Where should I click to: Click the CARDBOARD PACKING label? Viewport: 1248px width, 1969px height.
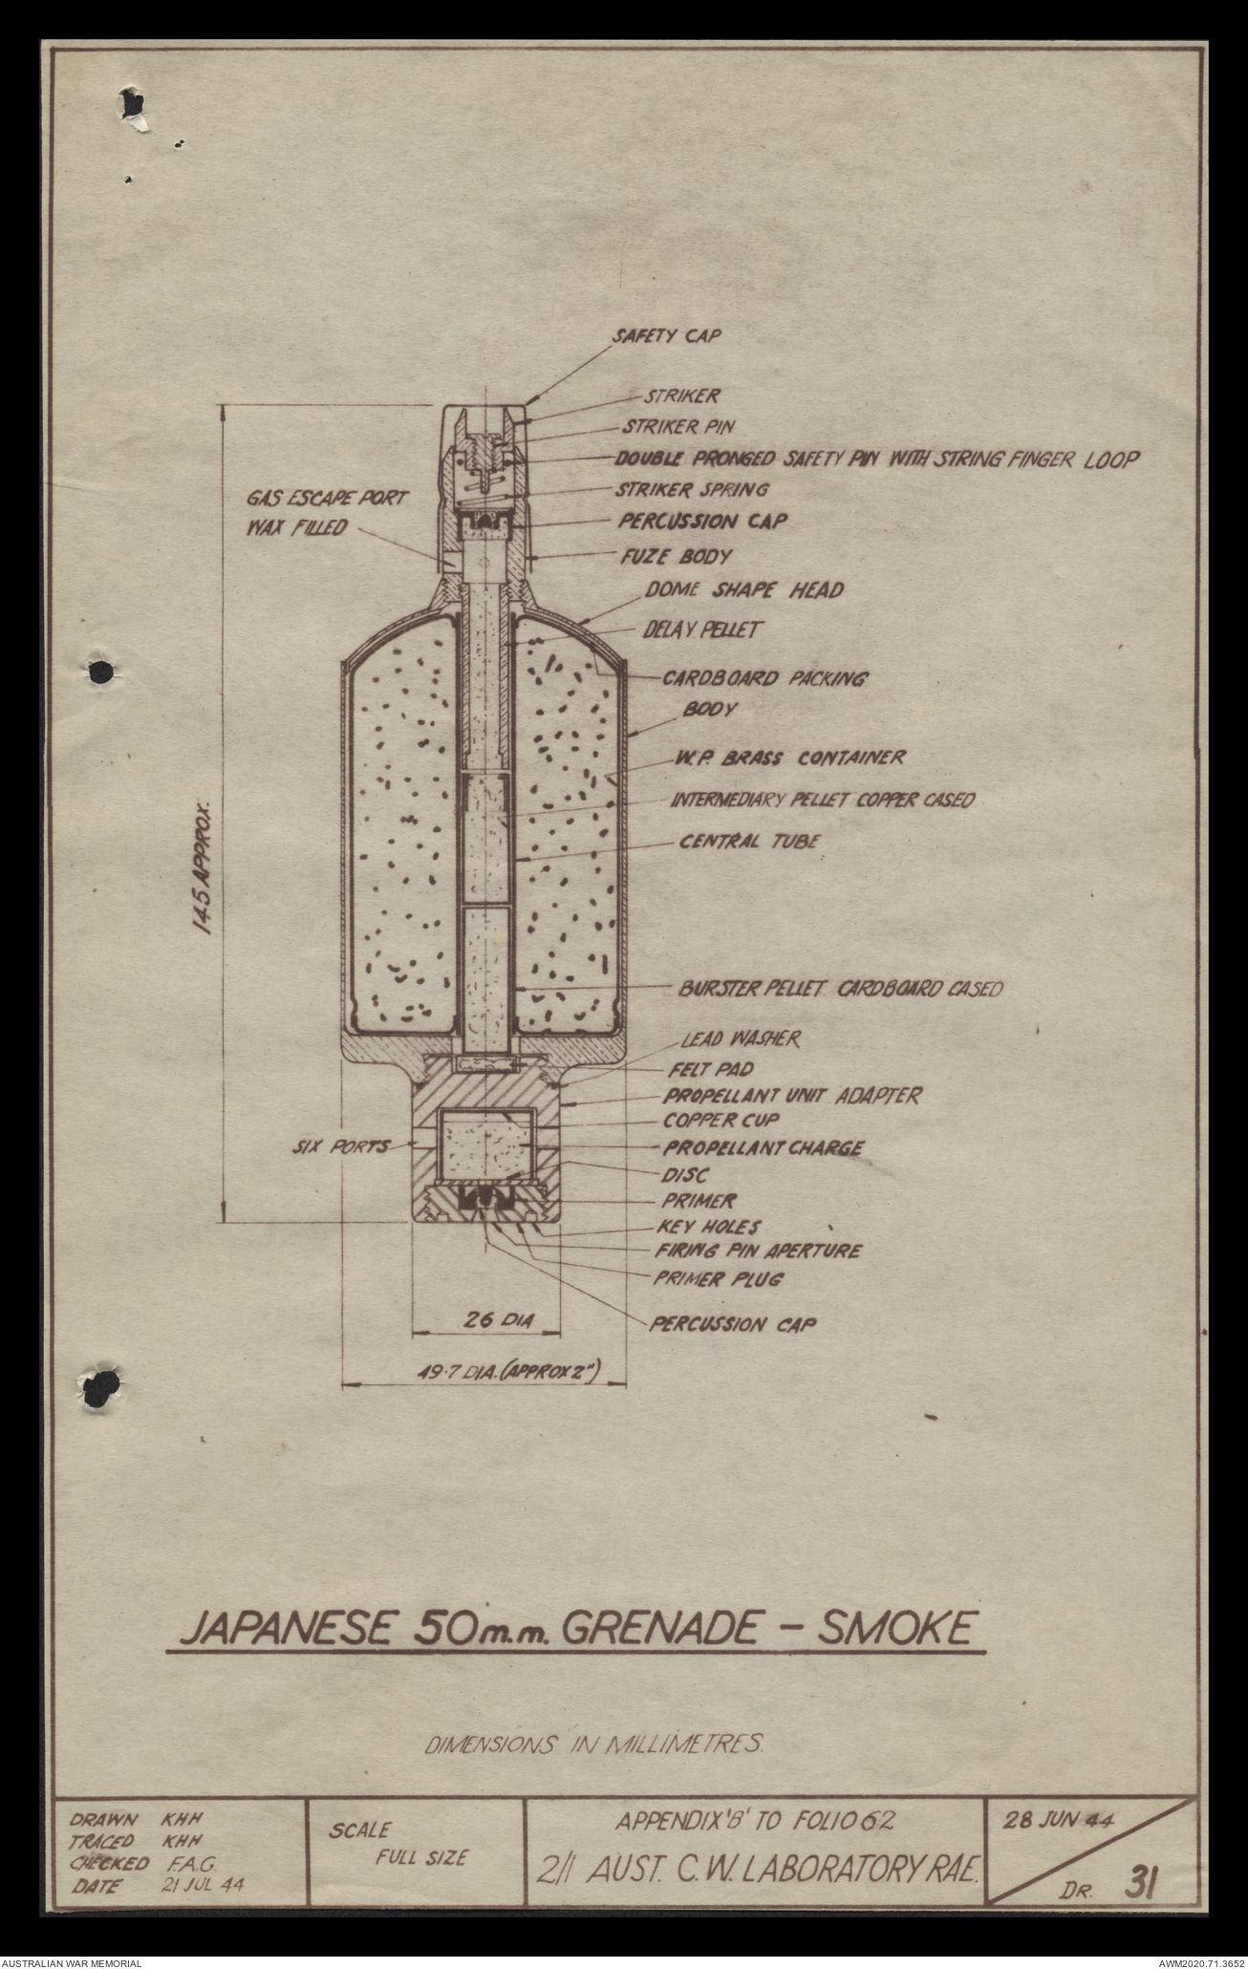pos(764,680)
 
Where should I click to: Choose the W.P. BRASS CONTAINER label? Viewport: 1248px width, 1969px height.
pos(785,759)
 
